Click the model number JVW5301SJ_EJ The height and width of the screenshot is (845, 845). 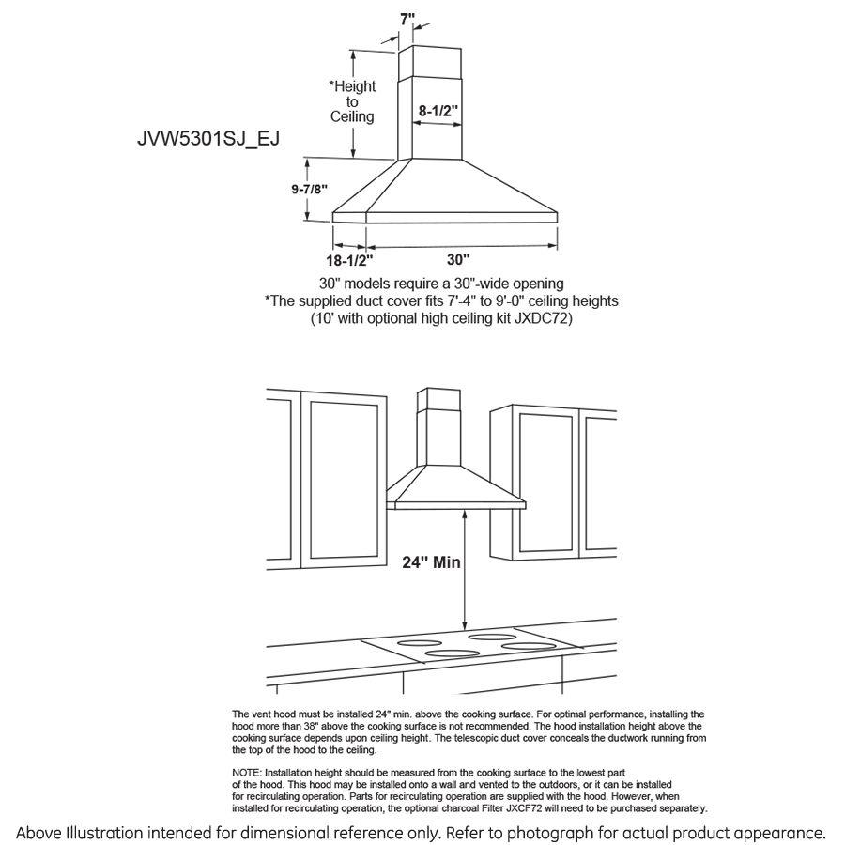pos(208,137)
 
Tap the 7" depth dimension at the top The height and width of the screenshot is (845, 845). pos(407,18)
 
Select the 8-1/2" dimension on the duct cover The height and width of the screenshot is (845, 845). pos(438,111)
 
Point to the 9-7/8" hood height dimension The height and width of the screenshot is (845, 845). pos(309,188)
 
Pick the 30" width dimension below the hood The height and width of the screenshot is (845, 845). pos(458,259)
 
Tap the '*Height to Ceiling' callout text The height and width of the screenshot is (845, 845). pos(352,101)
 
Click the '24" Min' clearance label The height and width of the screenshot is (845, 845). pos(431,562)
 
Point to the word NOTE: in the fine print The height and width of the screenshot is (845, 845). pos(250,772)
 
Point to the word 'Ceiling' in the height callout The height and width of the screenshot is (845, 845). pos(352,117)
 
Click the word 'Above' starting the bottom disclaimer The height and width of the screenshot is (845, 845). pos(39,833)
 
